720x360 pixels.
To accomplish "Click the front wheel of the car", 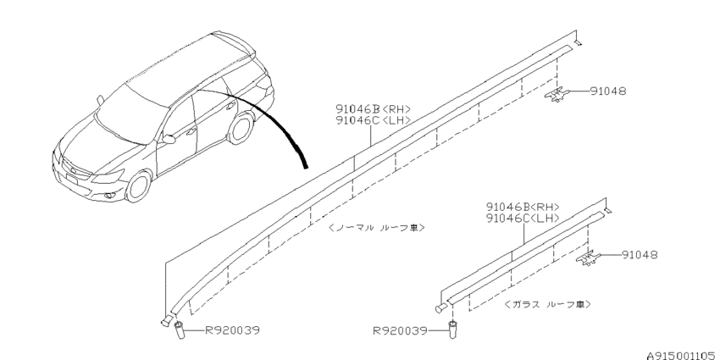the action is [x=139, y=186].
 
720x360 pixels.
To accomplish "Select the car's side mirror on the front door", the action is [x=169, y=139].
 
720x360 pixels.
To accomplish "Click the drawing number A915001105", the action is [x=681, y=356].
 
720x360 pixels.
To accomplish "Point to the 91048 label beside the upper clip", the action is [x=607, y=91].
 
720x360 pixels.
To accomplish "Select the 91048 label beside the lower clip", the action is [x=640, y=254].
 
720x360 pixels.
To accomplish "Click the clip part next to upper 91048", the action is [x=557, y=94].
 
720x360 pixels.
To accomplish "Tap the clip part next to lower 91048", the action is [x=588, y=258].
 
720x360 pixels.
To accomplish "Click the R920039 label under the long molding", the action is [x=232, y=330].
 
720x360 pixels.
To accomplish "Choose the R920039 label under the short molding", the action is [x=400, y=330].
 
